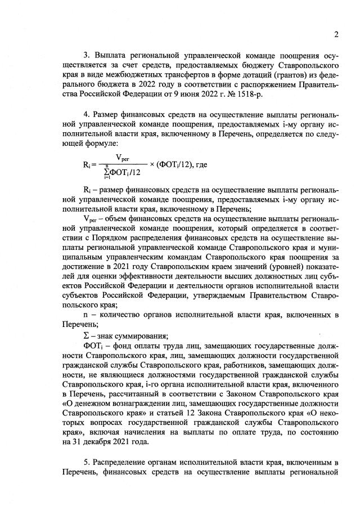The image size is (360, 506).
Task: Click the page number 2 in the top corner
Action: pyautogui.click(x=336, y=34)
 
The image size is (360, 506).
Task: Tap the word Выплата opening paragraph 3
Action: pyautogui.click(x=110, y=55)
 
